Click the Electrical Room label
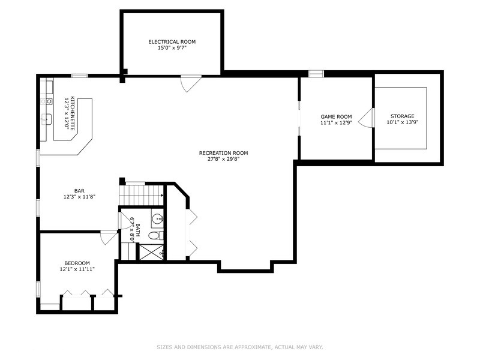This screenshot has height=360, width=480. pos(172,41)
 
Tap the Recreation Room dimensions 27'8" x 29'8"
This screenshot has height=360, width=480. pos(223,159)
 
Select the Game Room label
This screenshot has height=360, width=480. pos(336,116)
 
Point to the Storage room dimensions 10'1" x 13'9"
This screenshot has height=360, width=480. pos(402,122)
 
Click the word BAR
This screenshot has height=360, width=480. pos(79,191)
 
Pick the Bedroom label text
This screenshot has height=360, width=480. pos(77,263)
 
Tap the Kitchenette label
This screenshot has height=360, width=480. pos(73,113)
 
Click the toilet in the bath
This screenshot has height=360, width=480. pos(156,236)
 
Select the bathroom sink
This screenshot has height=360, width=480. pos(158,218)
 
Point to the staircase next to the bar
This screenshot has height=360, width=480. pos(141,194)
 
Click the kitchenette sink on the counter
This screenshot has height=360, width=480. pos(47,119)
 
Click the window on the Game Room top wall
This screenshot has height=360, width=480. pos(316,73)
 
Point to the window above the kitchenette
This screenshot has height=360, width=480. pos(80,76)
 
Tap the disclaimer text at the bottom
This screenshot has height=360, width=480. pos(240,347)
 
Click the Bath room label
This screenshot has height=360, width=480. pos(138,230)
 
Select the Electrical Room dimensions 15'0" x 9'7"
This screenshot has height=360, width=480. pos(172,48)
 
